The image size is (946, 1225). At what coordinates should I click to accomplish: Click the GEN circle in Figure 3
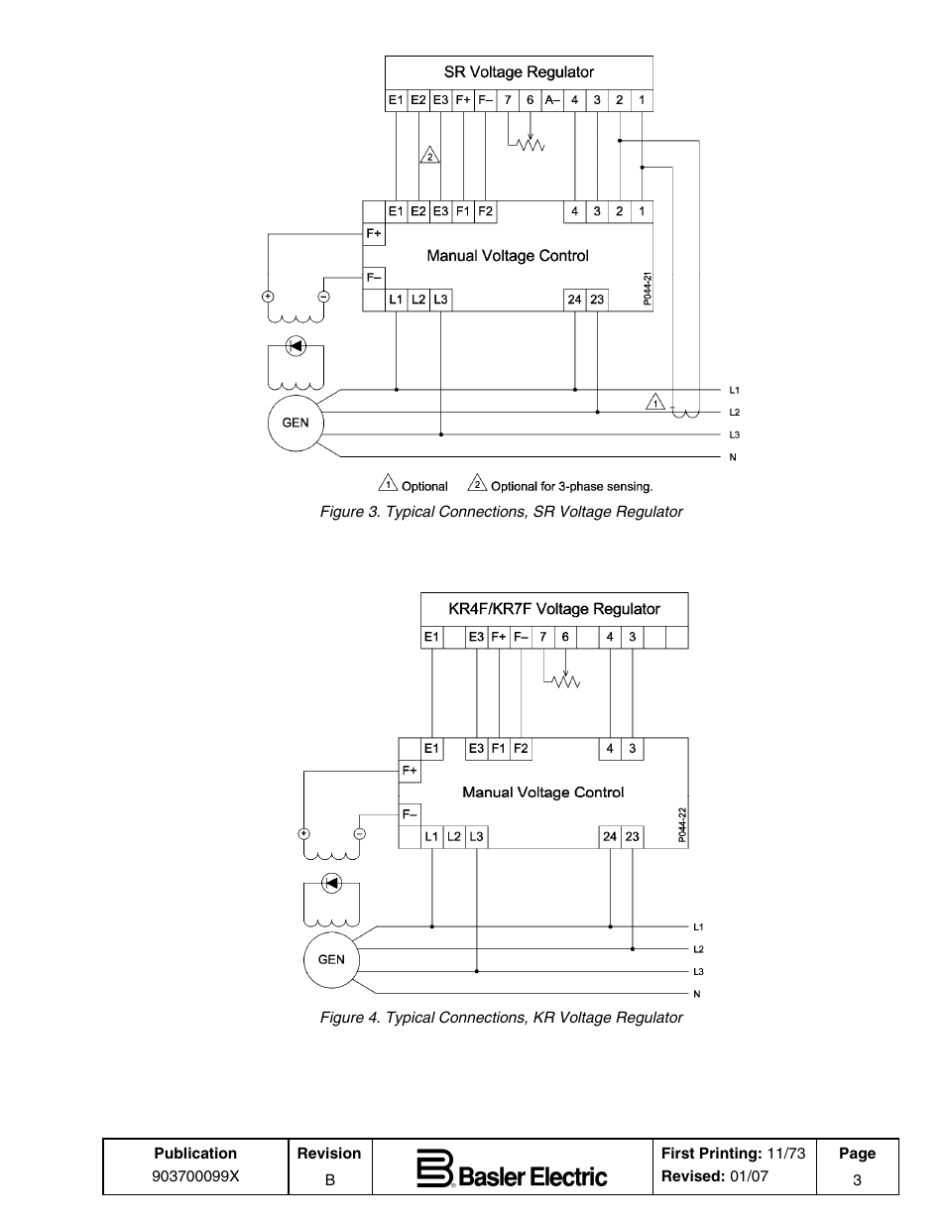click(x=296, y=423)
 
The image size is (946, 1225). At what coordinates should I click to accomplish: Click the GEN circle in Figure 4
click(x=331, y=959)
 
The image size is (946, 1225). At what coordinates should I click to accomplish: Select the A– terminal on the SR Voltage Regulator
click(x=552, y=100)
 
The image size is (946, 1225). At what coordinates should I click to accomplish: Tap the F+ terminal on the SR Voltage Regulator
click(x=463, y=100)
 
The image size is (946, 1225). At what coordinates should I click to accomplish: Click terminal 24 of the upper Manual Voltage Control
click(x=574, y=300)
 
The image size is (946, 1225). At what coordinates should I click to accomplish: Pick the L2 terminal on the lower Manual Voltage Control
click(x=454, y=836)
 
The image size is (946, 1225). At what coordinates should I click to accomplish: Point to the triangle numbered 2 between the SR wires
click(x=429, y=156)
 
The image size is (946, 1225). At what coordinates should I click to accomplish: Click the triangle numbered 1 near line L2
click(x=655, y=403)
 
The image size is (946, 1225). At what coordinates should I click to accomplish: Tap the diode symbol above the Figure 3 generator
click(x=296, y=346)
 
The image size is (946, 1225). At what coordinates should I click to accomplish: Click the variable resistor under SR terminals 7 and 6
click(x=532, y=145)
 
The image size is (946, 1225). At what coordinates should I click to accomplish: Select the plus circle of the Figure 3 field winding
click(x=268, y=297)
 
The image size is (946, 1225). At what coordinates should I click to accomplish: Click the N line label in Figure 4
click(x=697, y=994)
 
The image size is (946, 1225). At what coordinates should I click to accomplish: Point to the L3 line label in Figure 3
click(x=734, y=434)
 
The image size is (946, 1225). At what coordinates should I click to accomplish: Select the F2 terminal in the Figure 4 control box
click(x=521, y=749)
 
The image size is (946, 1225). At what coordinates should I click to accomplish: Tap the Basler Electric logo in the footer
click(x=512, y=1167)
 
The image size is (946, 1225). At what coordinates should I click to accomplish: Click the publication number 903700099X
click(x=195, y=1176)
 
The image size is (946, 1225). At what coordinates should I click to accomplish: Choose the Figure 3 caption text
click(x=501, y=512)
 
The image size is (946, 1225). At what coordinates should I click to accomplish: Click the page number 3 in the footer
click(x=857, y=1179)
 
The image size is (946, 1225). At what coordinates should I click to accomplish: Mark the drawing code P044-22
click(x=682, y=825)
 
